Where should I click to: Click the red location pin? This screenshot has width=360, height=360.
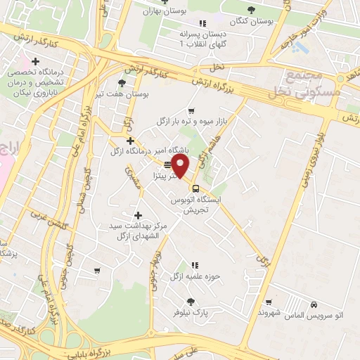(181, 167)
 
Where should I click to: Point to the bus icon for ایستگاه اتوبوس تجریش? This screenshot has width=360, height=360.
(195, 188)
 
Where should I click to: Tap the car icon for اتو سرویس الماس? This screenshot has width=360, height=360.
(314, 304)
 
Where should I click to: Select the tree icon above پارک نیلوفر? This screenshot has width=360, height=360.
(191, 302)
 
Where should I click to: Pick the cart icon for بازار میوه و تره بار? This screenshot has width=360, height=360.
(191, 111)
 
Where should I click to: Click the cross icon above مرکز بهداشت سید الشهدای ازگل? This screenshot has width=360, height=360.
(137, 215)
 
